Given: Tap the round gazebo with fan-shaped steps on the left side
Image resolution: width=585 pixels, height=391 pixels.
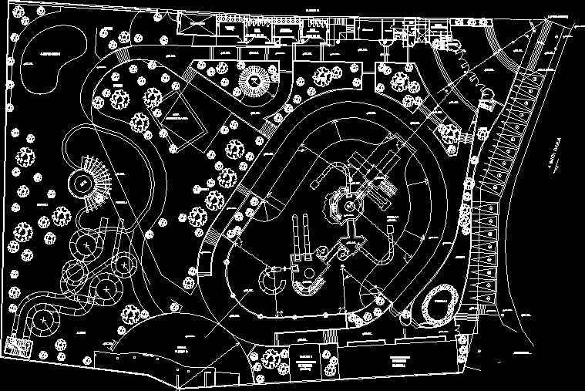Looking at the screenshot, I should coord(82,184).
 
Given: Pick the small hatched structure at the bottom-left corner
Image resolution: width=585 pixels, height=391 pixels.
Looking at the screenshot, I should coord(16,346).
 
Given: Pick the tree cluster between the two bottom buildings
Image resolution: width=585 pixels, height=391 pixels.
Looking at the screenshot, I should coord(269,357).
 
